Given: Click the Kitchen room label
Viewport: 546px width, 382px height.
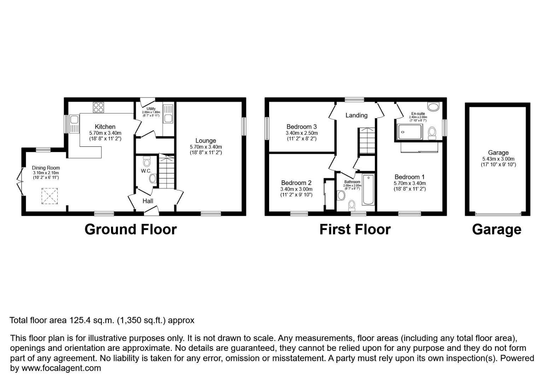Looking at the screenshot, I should click(105, 127).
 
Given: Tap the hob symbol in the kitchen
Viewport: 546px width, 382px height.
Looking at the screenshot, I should click(98, 107).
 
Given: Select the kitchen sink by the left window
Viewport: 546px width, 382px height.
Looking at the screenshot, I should click(74, 124).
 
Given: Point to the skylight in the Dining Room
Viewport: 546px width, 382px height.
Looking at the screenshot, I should click(49, 196).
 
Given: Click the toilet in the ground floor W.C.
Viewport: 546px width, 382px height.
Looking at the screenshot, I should click(147, 162).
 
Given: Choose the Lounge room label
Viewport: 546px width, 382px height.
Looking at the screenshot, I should click(205, 141).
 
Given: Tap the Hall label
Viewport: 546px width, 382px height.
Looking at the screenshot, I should click(148, 201).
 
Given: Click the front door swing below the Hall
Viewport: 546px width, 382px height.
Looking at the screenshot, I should click(151, 211).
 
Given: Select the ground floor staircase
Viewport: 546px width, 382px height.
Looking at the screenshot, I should click(167, 172).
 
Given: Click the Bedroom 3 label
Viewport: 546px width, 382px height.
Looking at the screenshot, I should click(301, 127).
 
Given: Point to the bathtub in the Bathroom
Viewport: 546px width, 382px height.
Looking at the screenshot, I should click(368, 190).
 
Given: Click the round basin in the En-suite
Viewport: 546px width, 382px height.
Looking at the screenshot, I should click(433, 106).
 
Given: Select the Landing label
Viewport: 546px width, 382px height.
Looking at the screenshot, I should click(356, 115).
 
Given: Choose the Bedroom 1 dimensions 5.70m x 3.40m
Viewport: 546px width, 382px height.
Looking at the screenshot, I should click(409, 183).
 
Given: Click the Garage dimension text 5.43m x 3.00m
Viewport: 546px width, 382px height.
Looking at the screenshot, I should click(498, 159).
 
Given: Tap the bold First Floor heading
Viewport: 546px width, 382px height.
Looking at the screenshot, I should click(355, 230).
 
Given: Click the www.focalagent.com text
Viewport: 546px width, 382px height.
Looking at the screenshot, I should click(61, 368).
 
